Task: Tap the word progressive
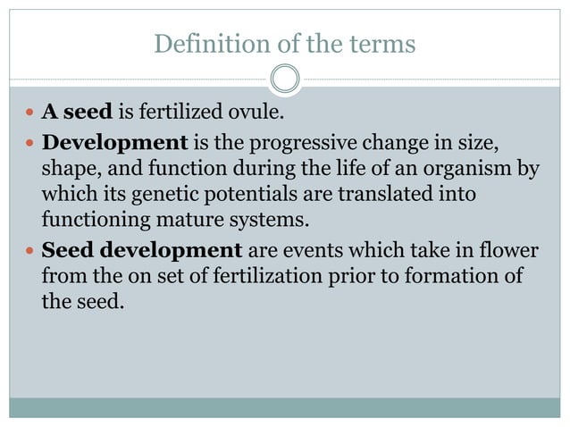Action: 287,142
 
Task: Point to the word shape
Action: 67,169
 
